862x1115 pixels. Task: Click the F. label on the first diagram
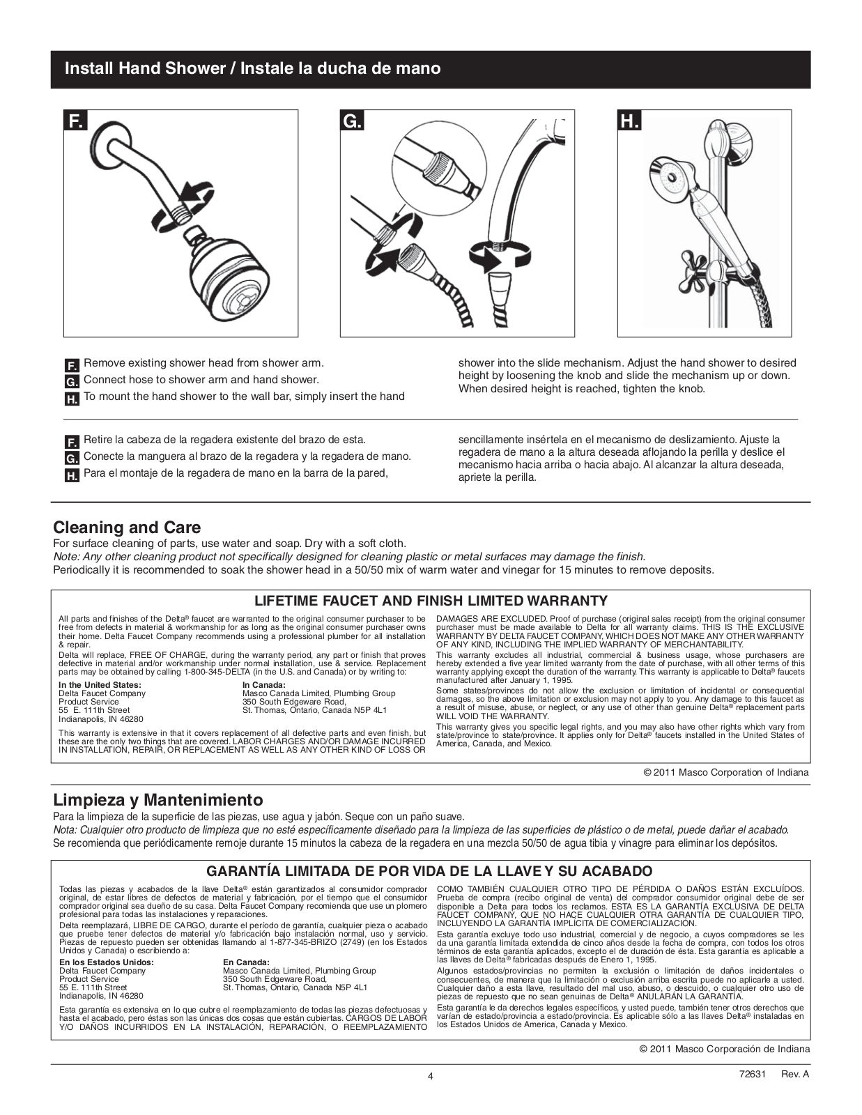click(75, 121)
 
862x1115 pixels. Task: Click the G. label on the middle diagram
click(353, 121)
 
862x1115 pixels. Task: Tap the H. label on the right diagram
click(629, 121)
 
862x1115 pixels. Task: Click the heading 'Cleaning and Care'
click(127, 528)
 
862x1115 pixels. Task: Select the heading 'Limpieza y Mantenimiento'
click(158, 799)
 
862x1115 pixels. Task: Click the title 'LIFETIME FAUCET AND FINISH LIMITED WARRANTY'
click(431, 601)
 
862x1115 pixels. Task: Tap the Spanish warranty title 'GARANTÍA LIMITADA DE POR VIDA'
click(430, 871)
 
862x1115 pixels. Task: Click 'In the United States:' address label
click(100, 685)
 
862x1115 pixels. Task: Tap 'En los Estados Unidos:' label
click(107, 962)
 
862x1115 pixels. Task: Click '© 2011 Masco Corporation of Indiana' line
click(726, 772)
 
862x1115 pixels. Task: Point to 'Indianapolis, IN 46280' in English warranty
click(101, 718)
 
